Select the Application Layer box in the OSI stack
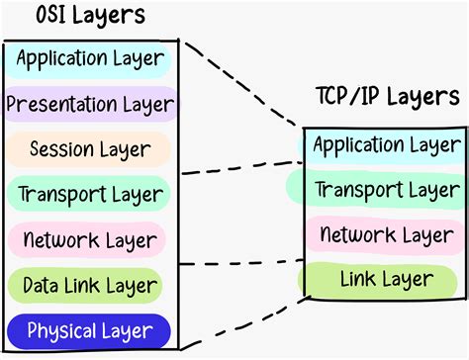[90, 58]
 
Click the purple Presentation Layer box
[90, 103]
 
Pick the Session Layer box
[90, 149]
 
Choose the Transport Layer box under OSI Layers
[90, 194]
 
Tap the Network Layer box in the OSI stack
[90, 238]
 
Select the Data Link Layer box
[90, 285]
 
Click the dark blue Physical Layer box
[90, 329]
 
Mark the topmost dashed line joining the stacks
[242, 88]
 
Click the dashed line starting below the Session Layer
[242, 168]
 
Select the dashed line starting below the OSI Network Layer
[242, 262]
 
